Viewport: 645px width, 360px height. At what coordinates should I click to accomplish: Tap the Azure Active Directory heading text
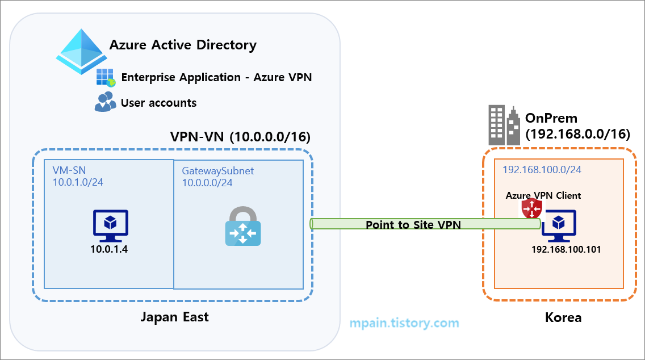[x=183, y=45]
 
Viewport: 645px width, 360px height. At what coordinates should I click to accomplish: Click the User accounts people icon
[x=105, y=102]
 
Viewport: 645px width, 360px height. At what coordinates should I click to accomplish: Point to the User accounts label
[x=158, y=103]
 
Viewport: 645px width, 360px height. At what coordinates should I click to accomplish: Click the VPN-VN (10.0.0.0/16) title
[x=241, y=137]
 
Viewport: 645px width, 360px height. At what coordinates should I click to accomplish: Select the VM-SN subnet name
[x=69, y=170]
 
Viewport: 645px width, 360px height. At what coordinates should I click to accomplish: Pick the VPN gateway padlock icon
[x=243, y=227]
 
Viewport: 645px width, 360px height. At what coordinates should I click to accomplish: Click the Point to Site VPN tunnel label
[x=413, y=225]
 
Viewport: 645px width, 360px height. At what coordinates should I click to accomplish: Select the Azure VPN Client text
[x=543, y=195]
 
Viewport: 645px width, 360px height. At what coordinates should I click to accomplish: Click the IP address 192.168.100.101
[x=566, y=249]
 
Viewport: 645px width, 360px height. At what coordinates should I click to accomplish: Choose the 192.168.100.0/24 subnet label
[x=542, y=169]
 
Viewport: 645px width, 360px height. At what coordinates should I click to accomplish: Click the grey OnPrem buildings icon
[x=504, y=125]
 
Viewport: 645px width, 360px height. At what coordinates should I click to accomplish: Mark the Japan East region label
[x=175, y=317]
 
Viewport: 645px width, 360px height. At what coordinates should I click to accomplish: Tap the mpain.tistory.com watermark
[x=404, y=323]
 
